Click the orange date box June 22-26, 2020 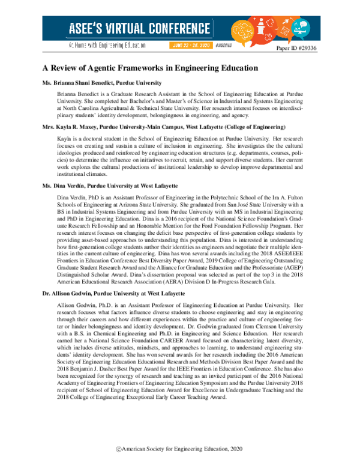tap(191, 45)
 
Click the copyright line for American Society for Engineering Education tap(180, 449)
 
